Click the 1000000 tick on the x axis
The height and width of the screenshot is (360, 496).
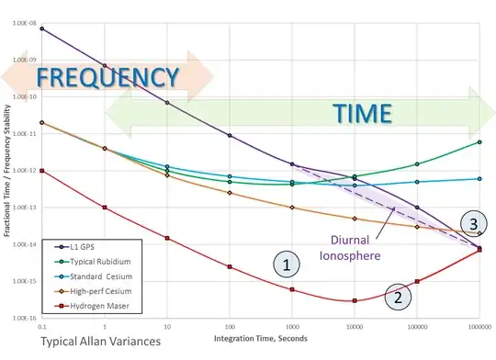(479, 327)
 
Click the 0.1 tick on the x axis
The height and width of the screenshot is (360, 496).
(42, 327)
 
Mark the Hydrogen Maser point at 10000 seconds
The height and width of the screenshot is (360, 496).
(354, 300)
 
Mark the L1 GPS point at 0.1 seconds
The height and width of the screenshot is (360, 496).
(42, 28)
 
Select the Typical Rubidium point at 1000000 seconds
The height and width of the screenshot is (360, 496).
(479, 142)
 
